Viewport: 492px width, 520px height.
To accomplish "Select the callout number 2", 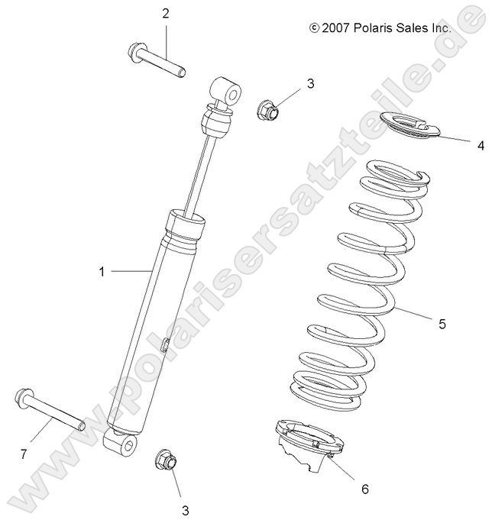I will (x=165, y=13).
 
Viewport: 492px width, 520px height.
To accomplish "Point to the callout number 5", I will (x=463, y=324).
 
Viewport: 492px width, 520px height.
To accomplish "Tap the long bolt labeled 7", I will (x=46, y=409).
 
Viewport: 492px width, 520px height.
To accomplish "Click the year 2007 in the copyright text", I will (x=336, y=27).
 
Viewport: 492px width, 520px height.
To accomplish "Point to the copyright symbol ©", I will (x=313, y=27).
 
